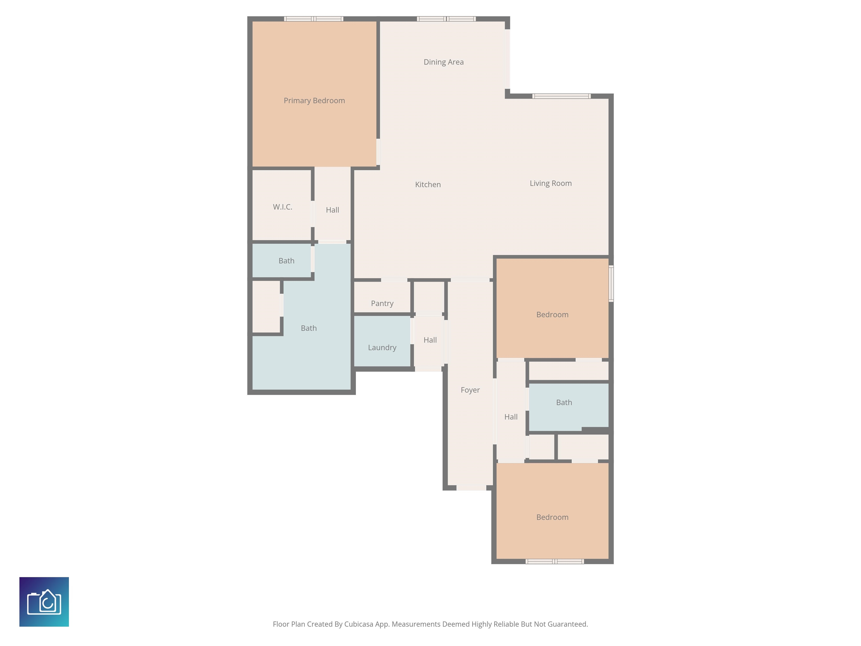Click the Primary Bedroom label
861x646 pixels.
[314, 100]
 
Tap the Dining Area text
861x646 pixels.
[443, 62]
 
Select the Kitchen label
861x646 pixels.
[428, 184]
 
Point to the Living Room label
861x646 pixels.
[550, 183]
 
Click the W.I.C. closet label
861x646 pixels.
[283, 207]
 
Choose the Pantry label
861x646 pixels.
[382, 303]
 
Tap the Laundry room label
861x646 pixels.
[382, 348]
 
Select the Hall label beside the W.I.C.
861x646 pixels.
[332, 210]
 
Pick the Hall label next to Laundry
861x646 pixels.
[430, 340]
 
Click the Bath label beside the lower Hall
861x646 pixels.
[564, 402]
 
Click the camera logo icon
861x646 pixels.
[44, 602]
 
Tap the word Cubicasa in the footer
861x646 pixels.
[358, 624]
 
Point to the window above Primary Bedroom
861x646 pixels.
[313, 19]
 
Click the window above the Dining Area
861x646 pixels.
[446, 19]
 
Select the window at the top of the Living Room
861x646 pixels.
[561, 96]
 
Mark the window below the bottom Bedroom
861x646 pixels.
[555, 561]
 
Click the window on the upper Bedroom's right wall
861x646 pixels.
[611, 283]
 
